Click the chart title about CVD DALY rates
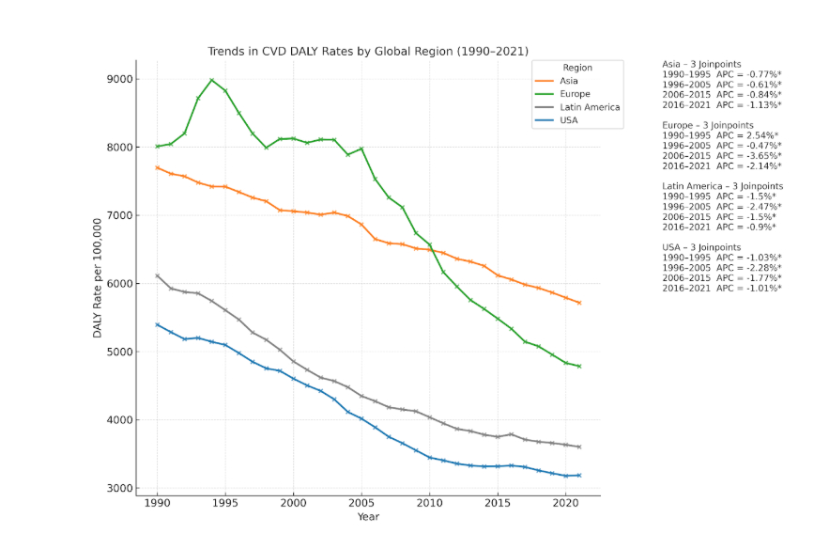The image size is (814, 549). [368, 51]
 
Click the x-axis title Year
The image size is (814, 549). [369, 517]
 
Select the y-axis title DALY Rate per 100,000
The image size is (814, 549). [97, 277]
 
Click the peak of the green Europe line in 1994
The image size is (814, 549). [211, 80]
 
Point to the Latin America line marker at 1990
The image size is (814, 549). [157, 275]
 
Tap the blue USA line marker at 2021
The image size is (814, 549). [579, 475]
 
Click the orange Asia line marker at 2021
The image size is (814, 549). [579, 303]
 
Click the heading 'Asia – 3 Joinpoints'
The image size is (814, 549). [701, 64]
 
